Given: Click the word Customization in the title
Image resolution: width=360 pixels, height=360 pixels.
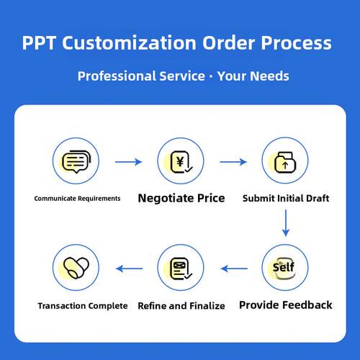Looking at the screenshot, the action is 130,42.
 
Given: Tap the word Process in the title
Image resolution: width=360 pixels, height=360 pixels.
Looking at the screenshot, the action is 296,42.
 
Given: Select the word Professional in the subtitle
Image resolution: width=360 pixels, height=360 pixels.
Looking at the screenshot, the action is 117,76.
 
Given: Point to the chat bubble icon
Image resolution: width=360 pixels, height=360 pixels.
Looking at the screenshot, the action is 76,161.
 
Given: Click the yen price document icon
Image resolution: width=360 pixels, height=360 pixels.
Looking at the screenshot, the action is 181,162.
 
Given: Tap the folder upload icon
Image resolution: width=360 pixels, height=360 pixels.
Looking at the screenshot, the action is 285,162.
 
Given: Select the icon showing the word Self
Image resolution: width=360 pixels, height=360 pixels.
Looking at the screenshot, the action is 284,268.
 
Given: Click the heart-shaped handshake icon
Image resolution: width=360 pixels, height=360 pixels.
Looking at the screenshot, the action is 76,268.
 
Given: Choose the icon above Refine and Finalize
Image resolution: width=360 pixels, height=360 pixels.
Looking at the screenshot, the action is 181,269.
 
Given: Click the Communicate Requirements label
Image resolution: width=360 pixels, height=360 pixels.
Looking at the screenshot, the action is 77,199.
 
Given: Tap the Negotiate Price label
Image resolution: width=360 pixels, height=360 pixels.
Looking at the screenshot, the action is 181,198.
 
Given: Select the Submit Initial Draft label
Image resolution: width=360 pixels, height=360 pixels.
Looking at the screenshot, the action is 286,198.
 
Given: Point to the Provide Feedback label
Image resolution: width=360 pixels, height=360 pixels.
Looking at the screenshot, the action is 286,305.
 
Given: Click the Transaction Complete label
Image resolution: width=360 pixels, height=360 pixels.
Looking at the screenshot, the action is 83,306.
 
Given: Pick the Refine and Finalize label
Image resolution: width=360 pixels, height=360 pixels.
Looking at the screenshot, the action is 181,306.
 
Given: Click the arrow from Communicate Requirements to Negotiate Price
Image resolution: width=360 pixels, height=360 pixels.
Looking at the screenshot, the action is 128,162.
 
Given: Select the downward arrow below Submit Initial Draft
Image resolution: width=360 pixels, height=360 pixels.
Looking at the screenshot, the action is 286,223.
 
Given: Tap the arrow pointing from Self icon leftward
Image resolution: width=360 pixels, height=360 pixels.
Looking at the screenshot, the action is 234,269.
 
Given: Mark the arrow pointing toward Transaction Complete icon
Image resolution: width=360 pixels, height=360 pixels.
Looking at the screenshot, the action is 129,269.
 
